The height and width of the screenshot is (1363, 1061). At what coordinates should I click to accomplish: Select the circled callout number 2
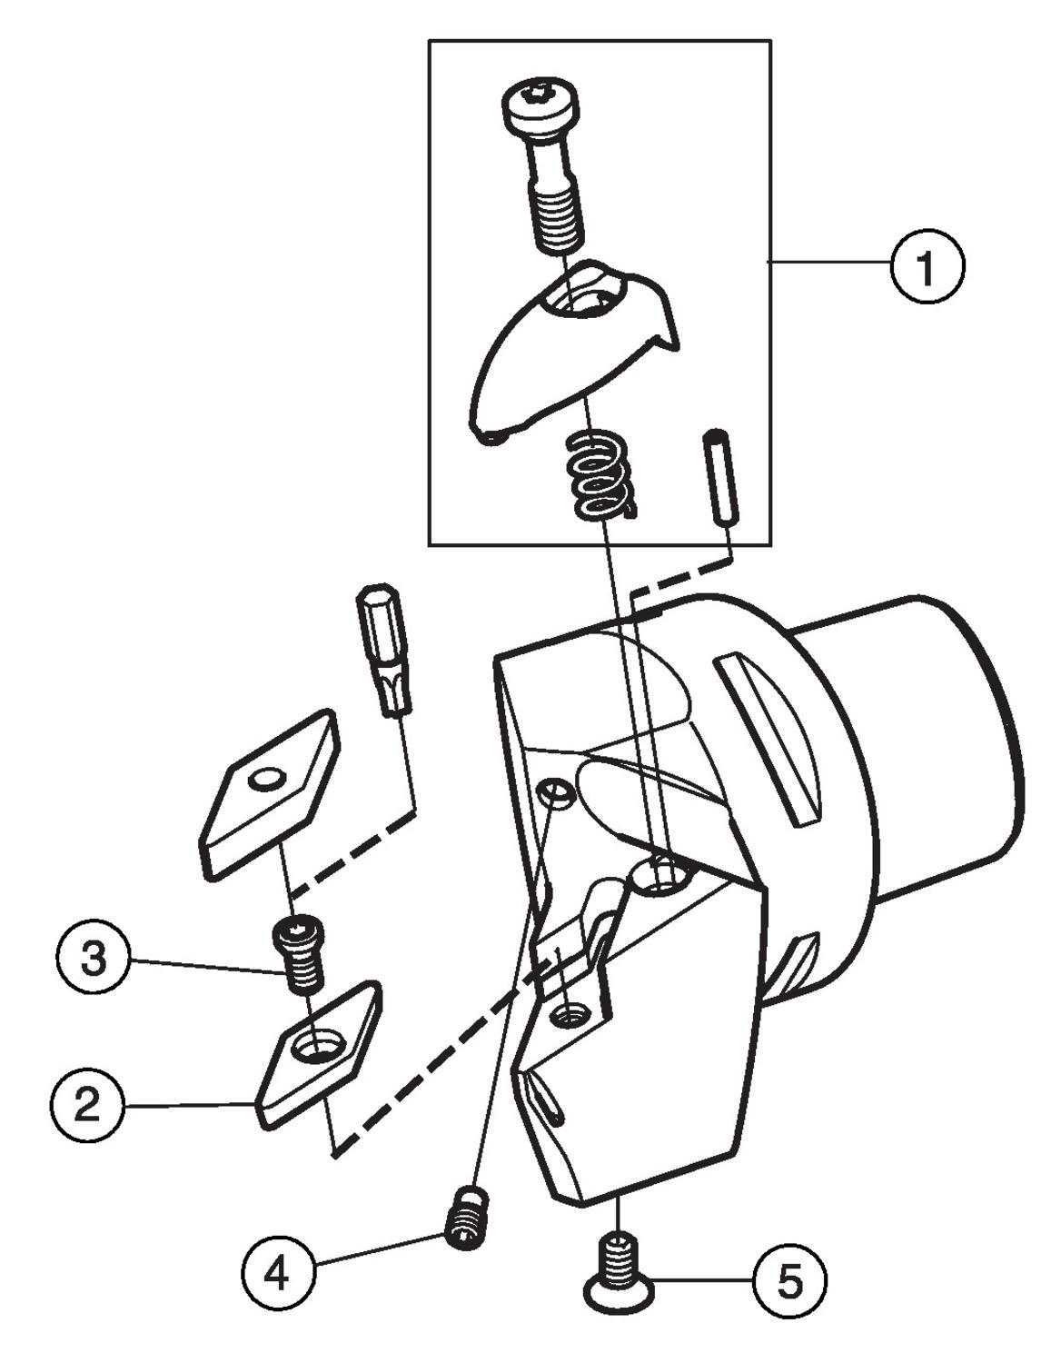(87, 1106)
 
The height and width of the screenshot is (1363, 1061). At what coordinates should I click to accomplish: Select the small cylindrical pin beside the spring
(720, 476)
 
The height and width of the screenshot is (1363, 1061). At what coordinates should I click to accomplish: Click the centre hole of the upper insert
(268, 779)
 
